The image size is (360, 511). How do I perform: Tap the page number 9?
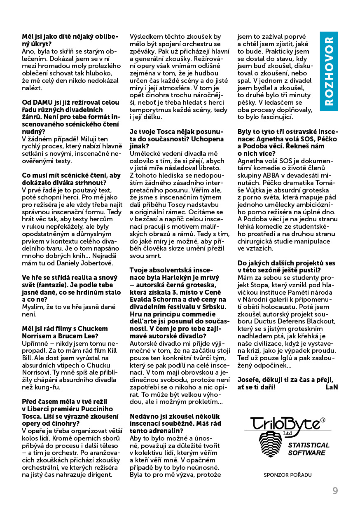tap(335, 491)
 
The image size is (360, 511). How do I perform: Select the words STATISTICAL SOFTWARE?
tap(309, 449)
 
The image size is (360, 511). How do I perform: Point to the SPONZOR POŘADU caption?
tap(288, 475)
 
